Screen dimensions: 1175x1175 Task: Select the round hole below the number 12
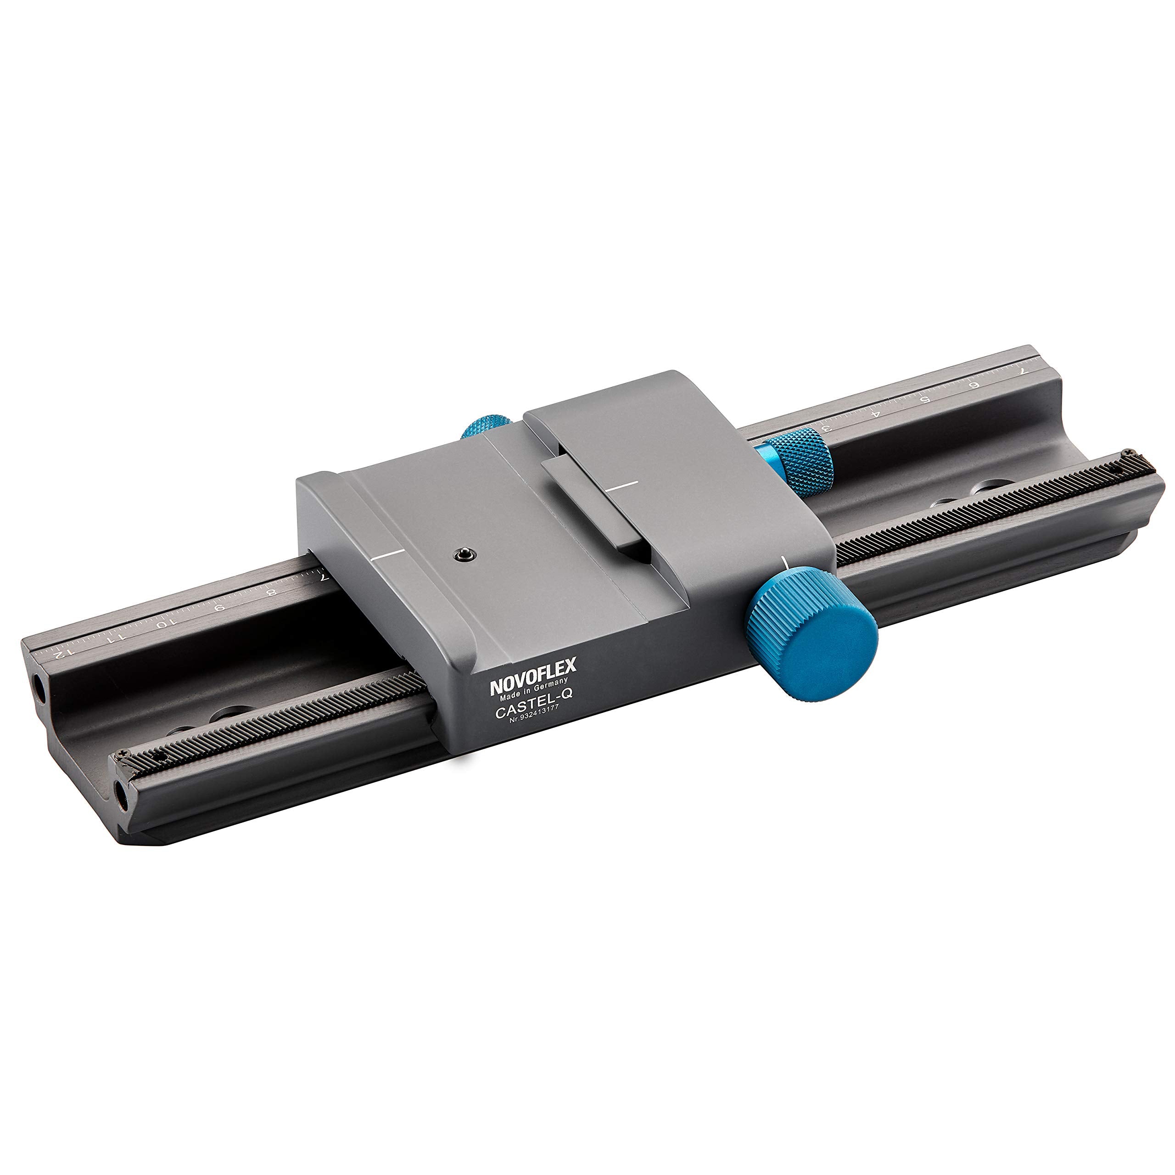(x=39, y=688)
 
